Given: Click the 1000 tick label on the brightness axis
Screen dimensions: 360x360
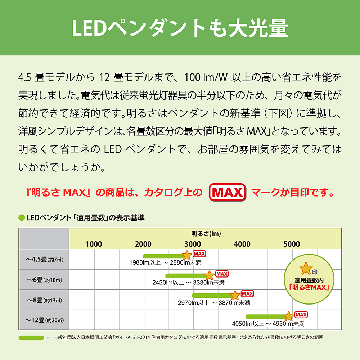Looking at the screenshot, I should coord(94,244).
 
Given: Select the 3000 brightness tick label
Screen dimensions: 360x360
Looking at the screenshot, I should coord(193,244).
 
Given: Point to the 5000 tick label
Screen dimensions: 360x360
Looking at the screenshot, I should coord(292,244).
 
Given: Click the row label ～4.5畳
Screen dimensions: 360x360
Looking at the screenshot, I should coord(44,259).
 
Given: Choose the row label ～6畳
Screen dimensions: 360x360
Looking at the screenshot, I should coord(44,279).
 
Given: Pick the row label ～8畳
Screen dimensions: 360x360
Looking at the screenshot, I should coord(44,300).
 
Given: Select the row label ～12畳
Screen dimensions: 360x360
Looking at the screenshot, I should coord(44,320).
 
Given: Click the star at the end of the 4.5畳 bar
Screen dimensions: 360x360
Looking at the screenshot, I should coord(187,255).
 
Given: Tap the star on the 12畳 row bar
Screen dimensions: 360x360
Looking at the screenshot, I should coord(289,316).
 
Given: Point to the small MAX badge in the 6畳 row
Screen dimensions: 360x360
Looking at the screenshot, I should coord(222,274).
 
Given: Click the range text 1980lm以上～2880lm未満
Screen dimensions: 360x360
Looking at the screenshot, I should coord(165,262).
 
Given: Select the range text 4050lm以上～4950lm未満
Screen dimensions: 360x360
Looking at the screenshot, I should coord(268,324).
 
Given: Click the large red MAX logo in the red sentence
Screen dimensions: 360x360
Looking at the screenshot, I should coord(228,193).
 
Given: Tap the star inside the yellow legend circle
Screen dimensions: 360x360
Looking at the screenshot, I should coord(306,268).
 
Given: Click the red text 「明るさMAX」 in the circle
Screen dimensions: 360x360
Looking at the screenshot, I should coord(310,288).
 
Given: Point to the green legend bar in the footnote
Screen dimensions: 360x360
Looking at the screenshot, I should coord(31,338).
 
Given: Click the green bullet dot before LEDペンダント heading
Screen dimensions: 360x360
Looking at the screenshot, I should coord(21,218).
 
